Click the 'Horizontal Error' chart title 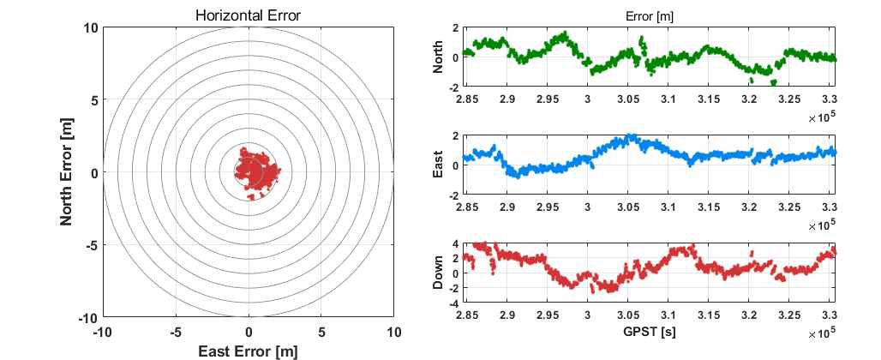[x=249, y=15]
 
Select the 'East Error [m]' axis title [x=249, y=351]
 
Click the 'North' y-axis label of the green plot [x=439, y=57]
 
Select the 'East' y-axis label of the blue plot [x=439, y=165]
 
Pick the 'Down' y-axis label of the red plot [x=439, y=273]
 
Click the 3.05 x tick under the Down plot [x=628, y=315]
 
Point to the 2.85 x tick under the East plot [x=467, y=207]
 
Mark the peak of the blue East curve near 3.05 [x=630, y=136]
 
